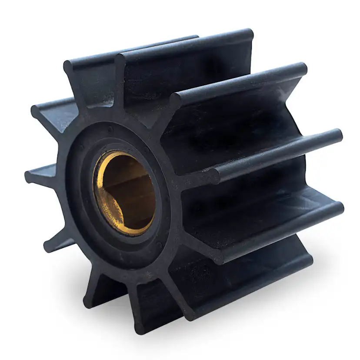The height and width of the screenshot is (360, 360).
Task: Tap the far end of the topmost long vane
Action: coord(248,34)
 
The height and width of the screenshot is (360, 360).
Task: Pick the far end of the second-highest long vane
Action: coord(301,69)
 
